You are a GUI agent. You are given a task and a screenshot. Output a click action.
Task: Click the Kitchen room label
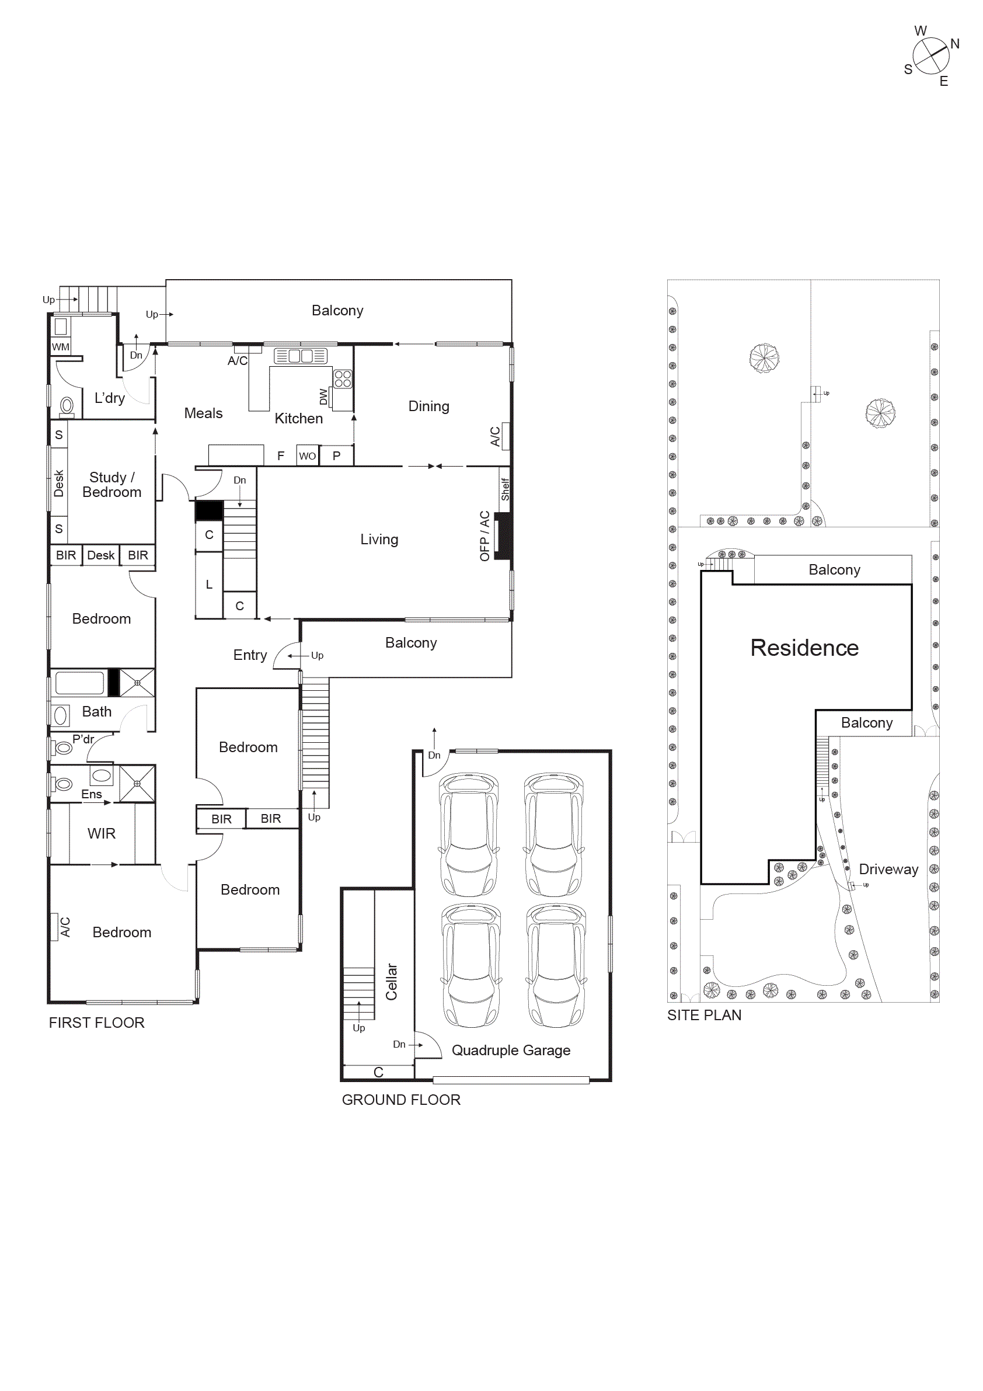click(299, 419)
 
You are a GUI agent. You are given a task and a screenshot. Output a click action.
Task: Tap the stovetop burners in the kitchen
click(342, 378)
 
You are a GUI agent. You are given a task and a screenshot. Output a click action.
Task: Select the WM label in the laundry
click(61, 347)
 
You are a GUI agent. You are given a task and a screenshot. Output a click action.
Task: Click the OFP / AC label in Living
click(484, 536)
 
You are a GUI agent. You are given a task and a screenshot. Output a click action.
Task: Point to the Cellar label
click(392, 982)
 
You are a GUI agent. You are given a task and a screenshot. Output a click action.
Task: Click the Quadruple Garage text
click(511, 1050)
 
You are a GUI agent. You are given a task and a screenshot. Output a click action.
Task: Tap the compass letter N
click(954, 44)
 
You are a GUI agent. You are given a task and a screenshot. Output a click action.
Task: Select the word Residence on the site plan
click(804, 648)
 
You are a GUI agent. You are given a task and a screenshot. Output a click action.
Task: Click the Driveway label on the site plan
click(888, 869)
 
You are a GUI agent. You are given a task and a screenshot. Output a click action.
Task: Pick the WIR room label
click(101, 833)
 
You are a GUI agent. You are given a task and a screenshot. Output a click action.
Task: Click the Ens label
click(92, 794)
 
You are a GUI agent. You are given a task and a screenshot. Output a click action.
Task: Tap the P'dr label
click(83, 739)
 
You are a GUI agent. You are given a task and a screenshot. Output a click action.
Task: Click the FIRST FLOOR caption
click(96, 1023)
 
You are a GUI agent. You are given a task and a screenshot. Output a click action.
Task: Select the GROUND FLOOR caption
click(400, 1100)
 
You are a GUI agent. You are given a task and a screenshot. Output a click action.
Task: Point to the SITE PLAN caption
click(704, 1015)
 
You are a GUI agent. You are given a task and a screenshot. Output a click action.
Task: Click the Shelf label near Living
click(505, 489)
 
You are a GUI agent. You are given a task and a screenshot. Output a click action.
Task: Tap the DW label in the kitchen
click(323, 397)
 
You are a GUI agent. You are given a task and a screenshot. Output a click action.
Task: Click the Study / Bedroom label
click(111, 485)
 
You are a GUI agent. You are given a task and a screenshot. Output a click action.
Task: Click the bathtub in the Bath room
click(79, 683)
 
